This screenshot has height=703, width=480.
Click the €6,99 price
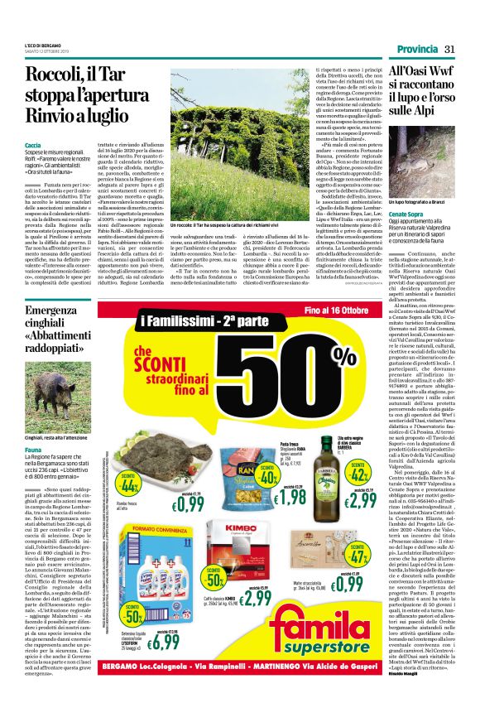pyautogui.click(x=166, y=641)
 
